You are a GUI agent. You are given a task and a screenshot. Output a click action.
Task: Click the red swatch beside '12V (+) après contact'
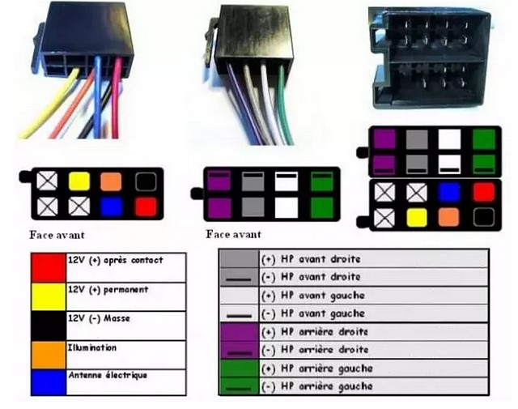(x=49, y=267)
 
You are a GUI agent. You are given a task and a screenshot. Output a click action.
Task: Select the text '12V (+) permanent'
(x=108, y=290)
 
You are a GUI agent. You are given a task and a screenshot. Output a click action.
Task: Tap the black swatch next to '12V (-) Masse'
(x=49, y=326)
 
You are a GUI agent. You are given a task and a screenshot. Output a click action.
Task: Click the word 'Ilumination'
(x=92, y=347)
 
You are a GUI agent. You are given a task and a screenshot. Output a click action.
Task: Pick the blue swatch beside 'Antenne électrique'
(x=49, y=382)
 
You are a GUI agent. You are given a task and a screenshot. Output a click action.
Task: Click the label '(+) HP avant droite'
(x=311, y=259)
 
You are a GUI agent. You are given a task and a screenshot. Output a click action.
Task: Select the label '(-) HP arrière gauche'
(x=317, y=386)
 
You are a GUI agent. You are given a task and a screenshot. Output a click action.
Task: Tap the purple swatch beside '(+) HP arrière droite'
(x=239, y=332)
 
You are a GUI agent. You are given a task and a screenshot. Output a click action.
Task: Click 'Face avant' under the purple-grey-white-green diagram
(x=233, y=234)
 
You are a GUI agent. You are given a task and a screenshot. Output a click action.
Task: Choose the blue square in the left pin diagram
(x=112, y=207)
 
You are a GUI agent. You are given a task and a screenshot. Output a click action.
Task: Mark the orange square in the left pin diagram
(x=111, y=181)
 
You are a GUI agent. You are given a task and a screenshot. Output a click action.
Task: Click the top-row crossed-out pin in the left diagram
(x=47, y=181)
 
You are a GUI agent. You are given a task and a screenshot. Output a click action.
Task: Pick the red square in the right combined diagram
(x=484, y=192)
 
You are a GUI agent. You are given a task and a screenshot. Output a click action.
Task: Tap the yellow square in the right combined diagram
(x=417, y=218)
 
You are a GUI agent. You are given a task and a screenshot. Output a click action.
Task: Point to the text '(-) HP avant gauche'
(x=313, y=313)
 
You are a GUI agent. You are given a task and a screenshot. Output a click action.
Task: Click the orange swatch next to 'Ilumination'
(x=49, y=355)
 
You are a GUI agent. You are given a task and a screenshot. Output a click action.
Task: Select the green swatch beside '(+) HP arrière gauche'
(x=239, y=369)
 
